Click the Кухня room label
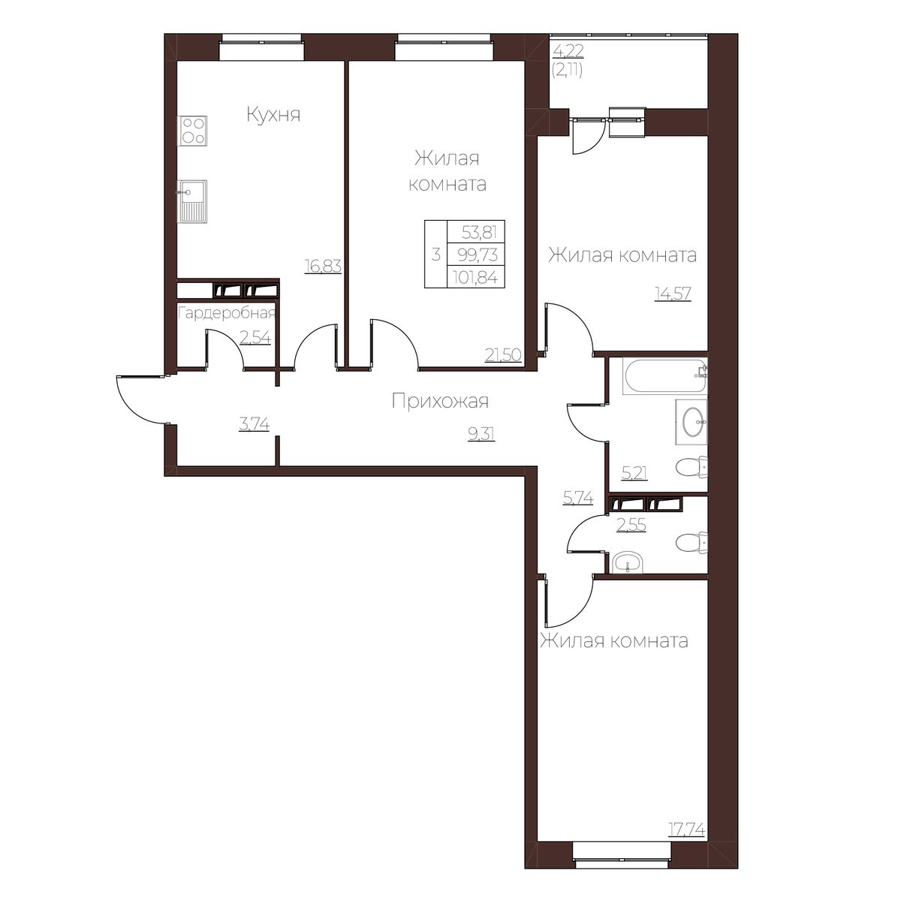(273, 115)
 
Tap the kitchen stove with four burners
(193, 131)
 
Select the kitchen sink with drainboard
(192, 201)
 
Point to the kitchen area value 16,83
(323, 266)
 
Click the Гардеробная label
(227, 313)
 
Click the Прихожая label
(441, 401)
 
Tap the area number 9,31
(481, 435)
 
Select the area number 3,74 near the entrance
(254, 424)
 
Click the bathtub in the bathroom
(664, 376)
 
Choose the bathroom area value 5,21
(634, 474)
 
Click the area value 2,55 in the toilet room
(631, 525)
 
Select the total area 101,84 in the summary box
(475, 279)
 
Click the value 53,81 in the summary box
(479, 232)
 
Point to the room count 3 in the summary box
(435, 255)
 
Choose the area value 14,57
(673, 294)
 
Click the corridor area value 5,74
(578, 499)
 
